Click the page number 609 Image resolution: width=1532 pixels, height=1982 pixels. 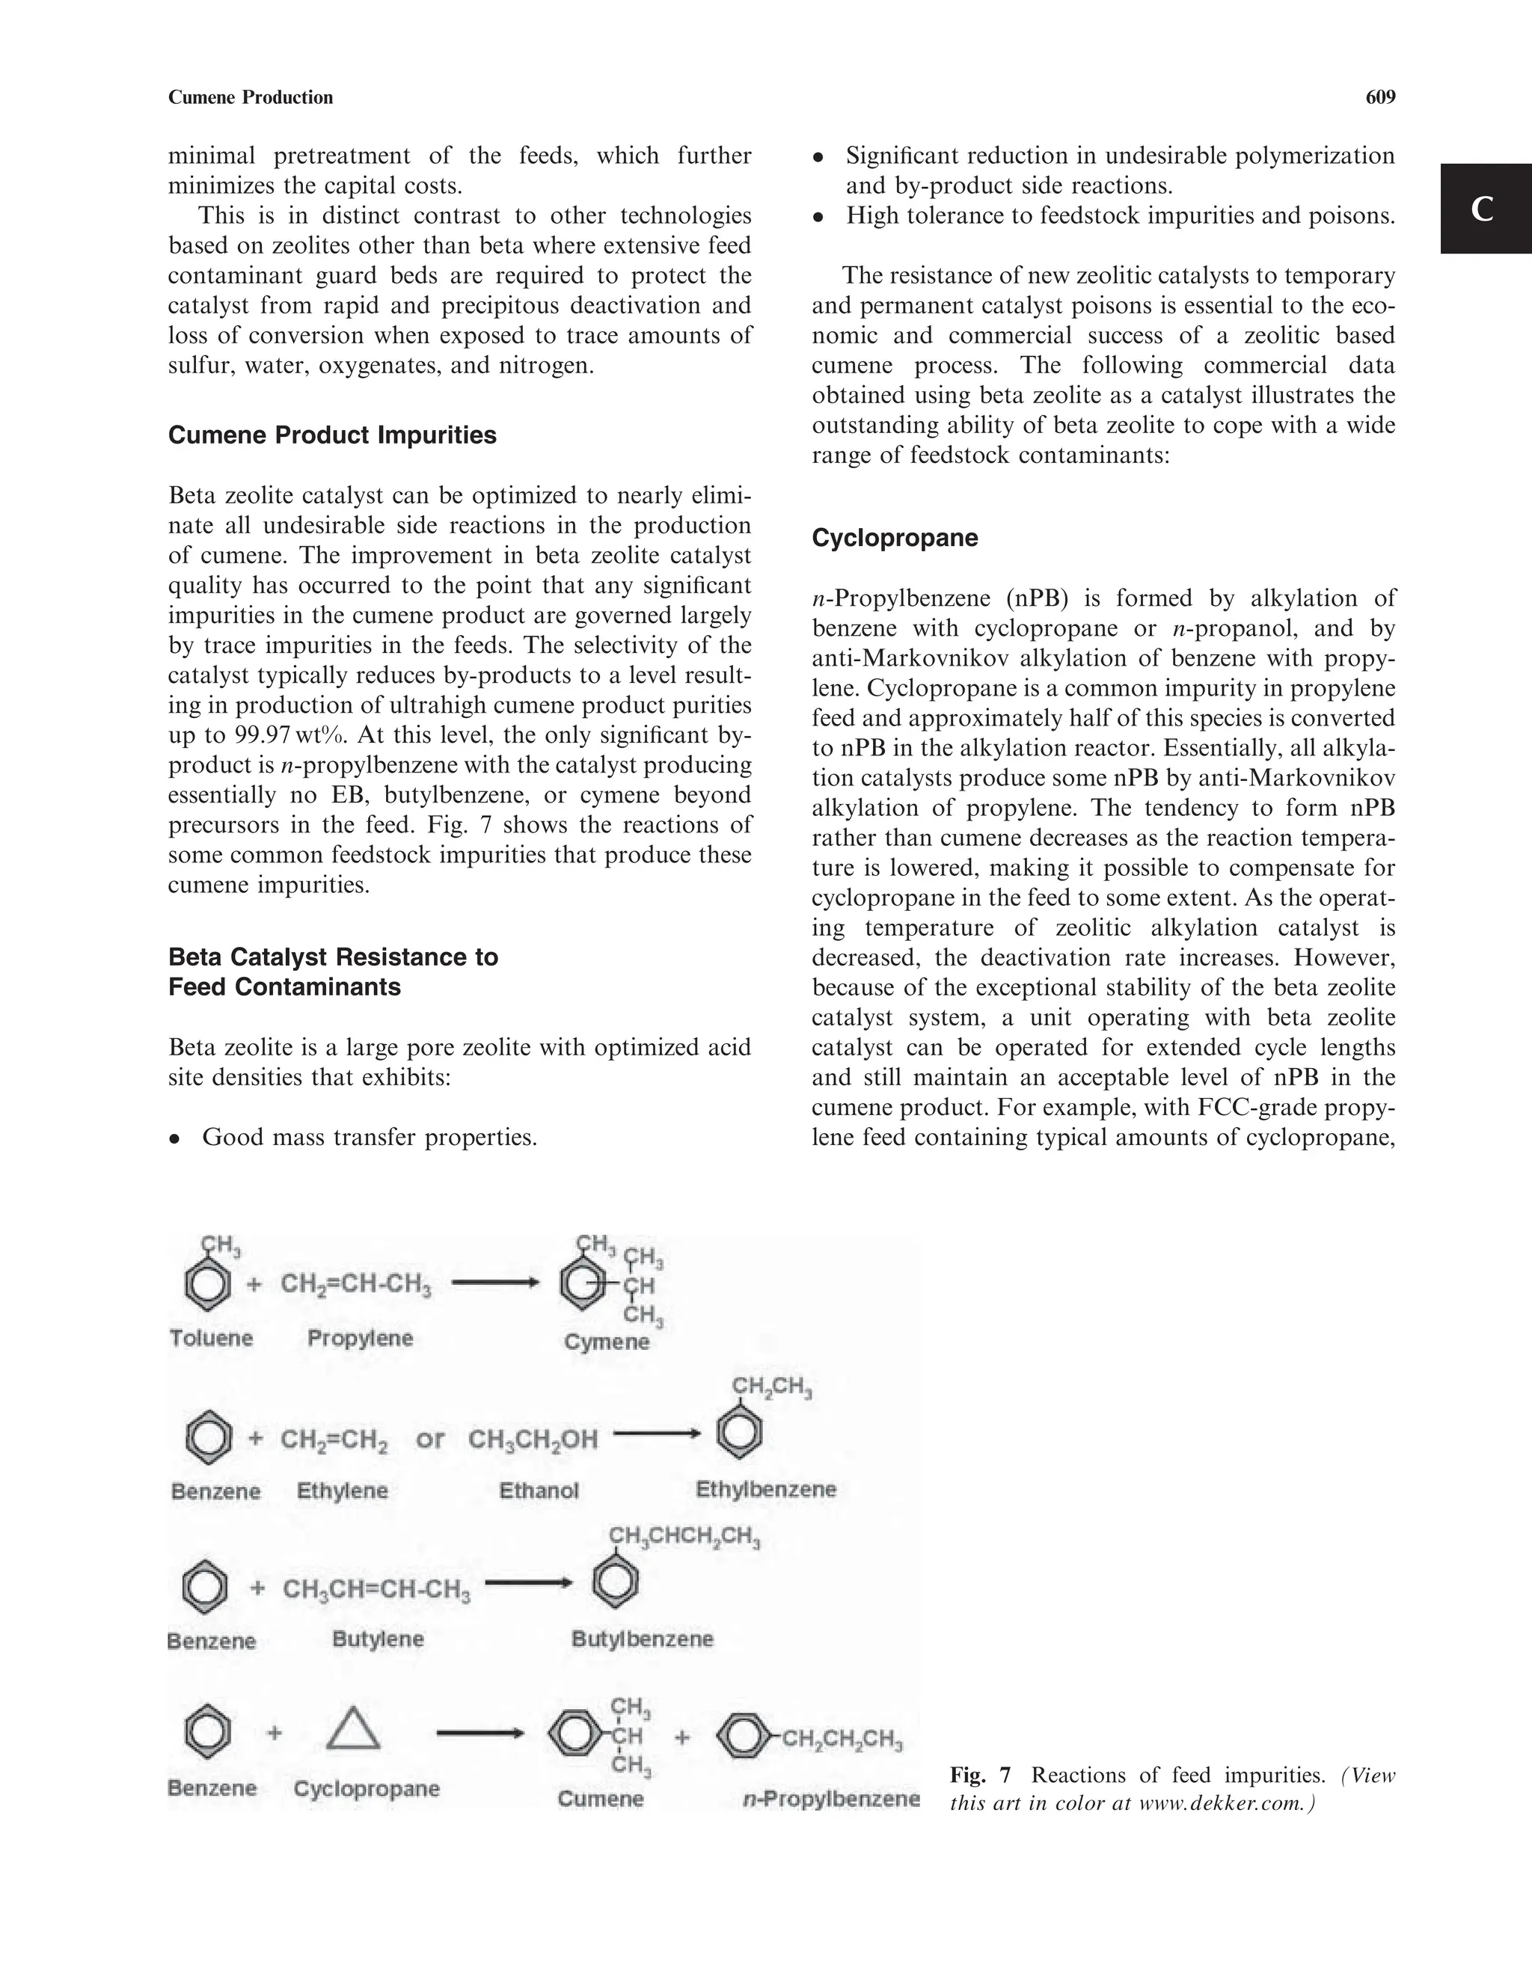coord(1379,98)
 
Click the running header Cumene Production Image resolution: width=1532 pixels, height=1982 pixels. coord(251,98)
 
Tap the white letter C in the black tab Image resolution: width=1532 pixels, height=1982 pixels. coord(1482,209)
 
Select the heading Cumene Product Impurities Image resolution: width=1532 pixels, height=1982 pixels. coord(332,435)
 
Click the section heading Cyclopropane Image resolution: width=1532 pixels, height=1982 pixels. coord(894,539)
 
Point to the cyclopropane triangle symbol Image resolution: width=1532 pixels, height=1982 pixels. coord(352,1731)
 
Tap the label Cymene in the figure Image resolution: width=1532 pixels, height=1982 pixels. coord(606,1343)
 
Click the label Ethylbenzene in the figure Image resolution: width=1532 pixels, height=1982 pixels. coord(765,1489)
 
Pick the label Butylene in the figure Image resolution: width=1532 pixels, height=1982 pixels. coord(378,1639)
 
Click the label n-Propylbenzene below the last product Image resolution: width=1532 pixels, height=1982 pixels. coord(830,1800)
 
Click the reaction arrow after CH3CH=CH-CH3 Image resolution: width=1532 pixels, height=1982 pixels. coord(528,1583)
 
